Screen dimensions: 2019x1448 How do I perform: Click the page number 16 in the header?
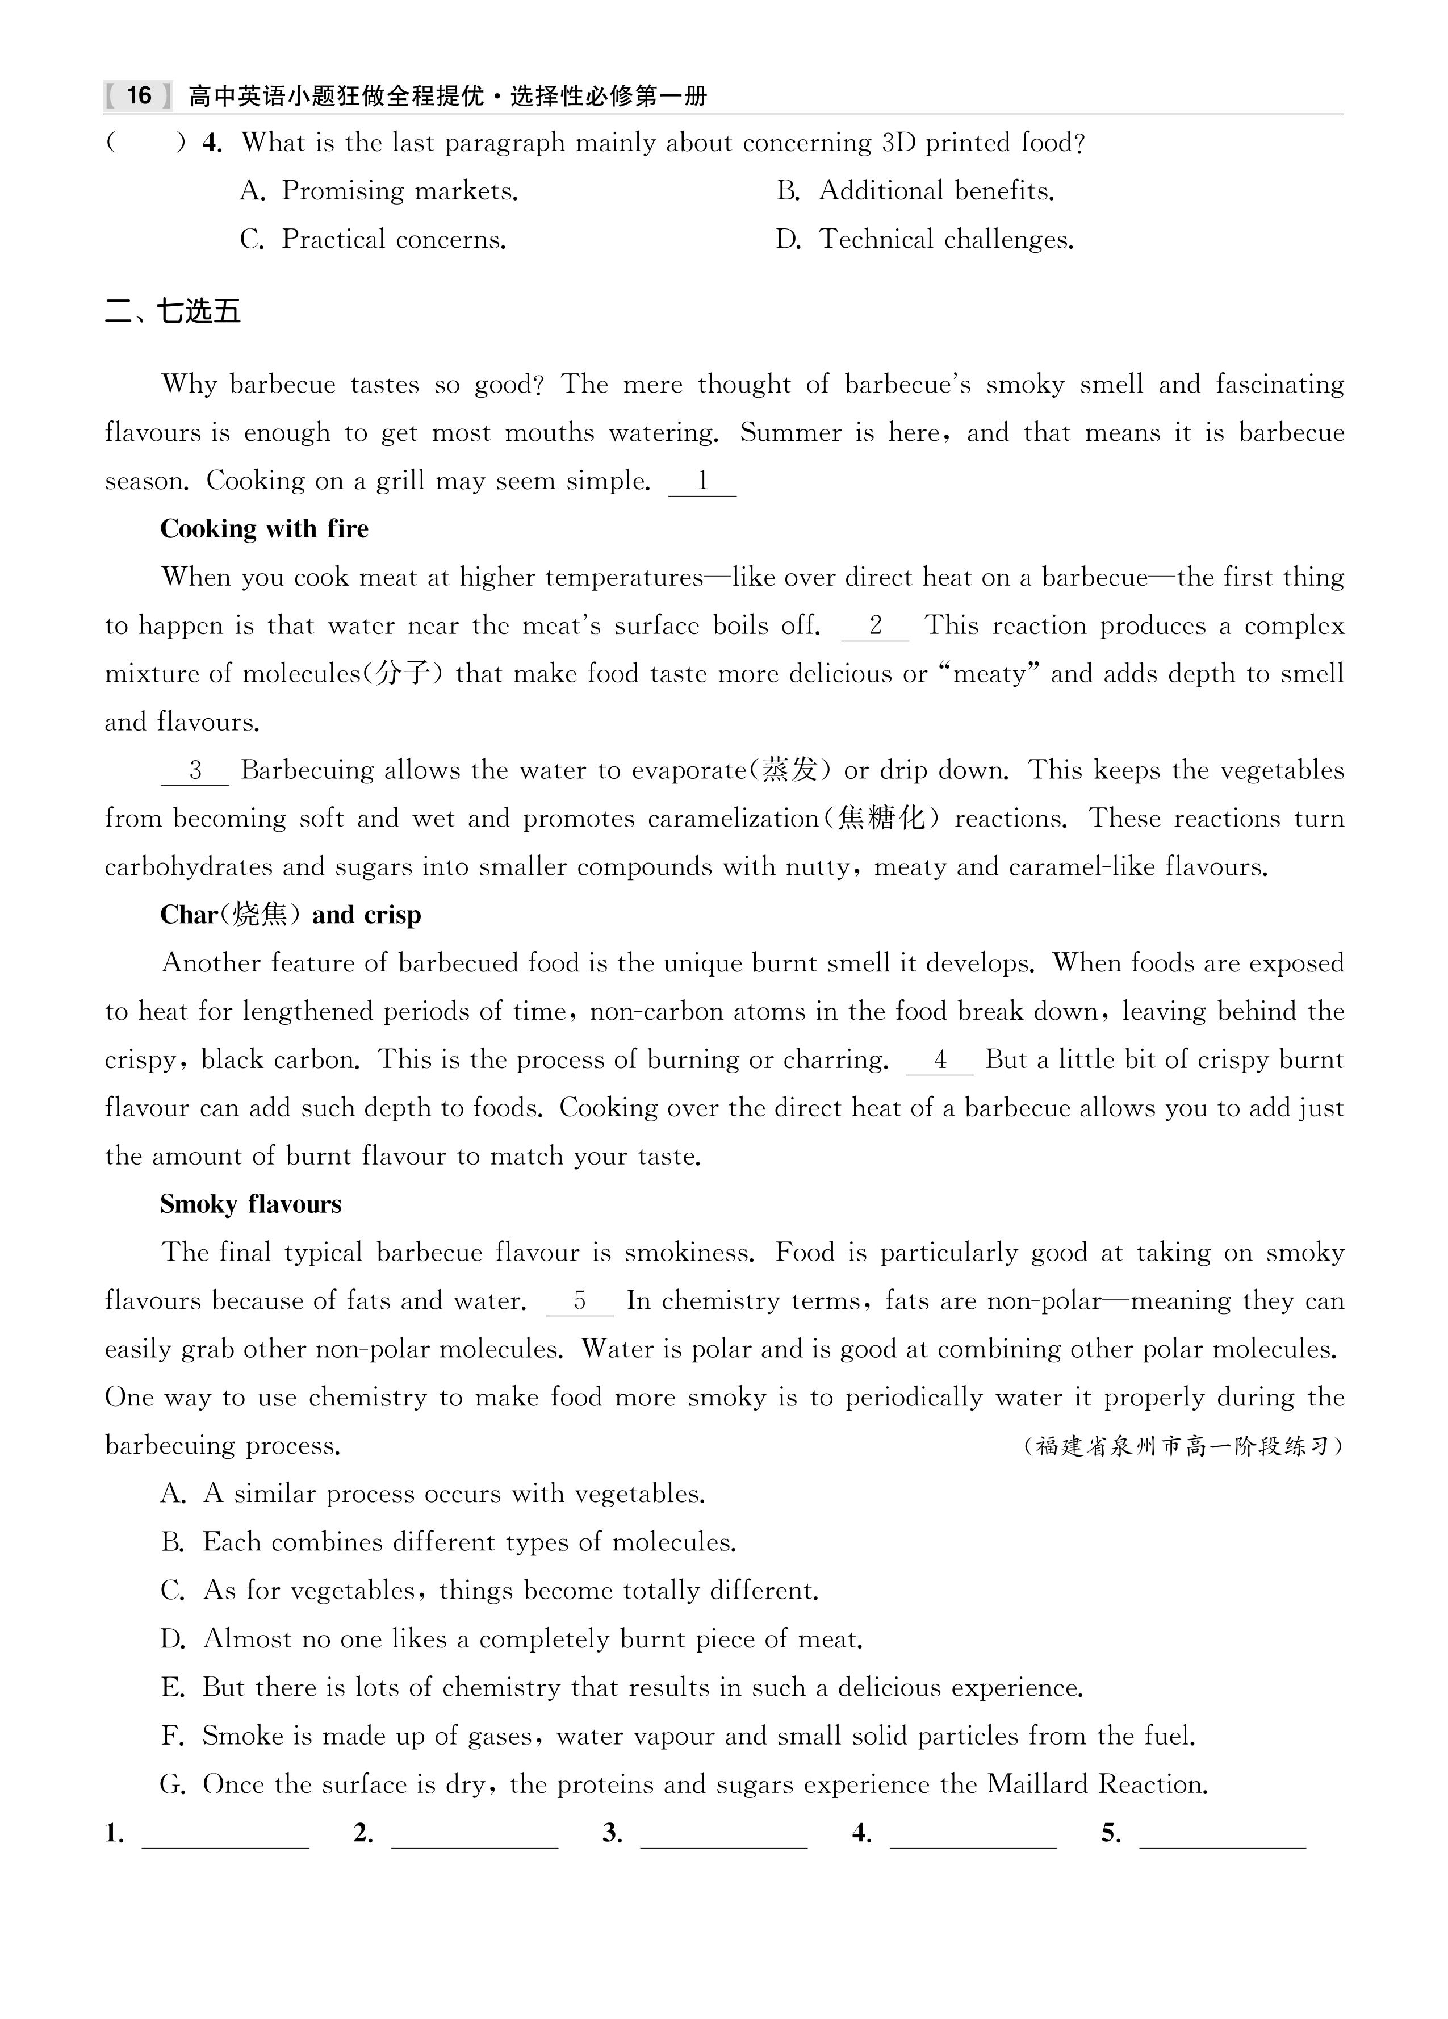tap(139, 95)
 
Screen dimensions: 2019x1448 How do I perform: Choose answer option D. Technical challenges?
tap(924, 240)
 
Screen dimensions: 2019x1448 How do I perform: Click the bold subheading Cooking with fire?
tap(264, 529)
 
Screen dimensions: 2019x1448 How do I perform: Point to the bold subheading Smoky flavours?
tap(251, 1204)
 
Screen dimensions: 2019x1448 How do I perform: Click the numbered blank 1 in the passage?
tap(702, 482)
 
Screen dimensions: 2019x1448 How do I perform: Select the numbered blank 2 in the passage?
tap(875, 626)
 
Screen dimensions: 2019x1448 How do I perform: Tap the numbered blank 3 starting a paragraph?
tap(195, 771)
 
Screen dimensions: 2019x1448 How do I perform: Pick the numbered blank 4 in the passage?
tap(940, 1060)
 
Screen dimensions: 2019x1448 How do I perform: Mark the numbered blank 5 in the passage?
tap(579, 1301)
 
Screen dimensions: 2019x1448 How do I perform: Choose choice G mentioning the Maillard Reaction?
tap(684, 1784)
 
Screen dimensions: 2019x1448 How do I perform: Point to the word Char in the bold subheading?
tap(189, 915)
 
